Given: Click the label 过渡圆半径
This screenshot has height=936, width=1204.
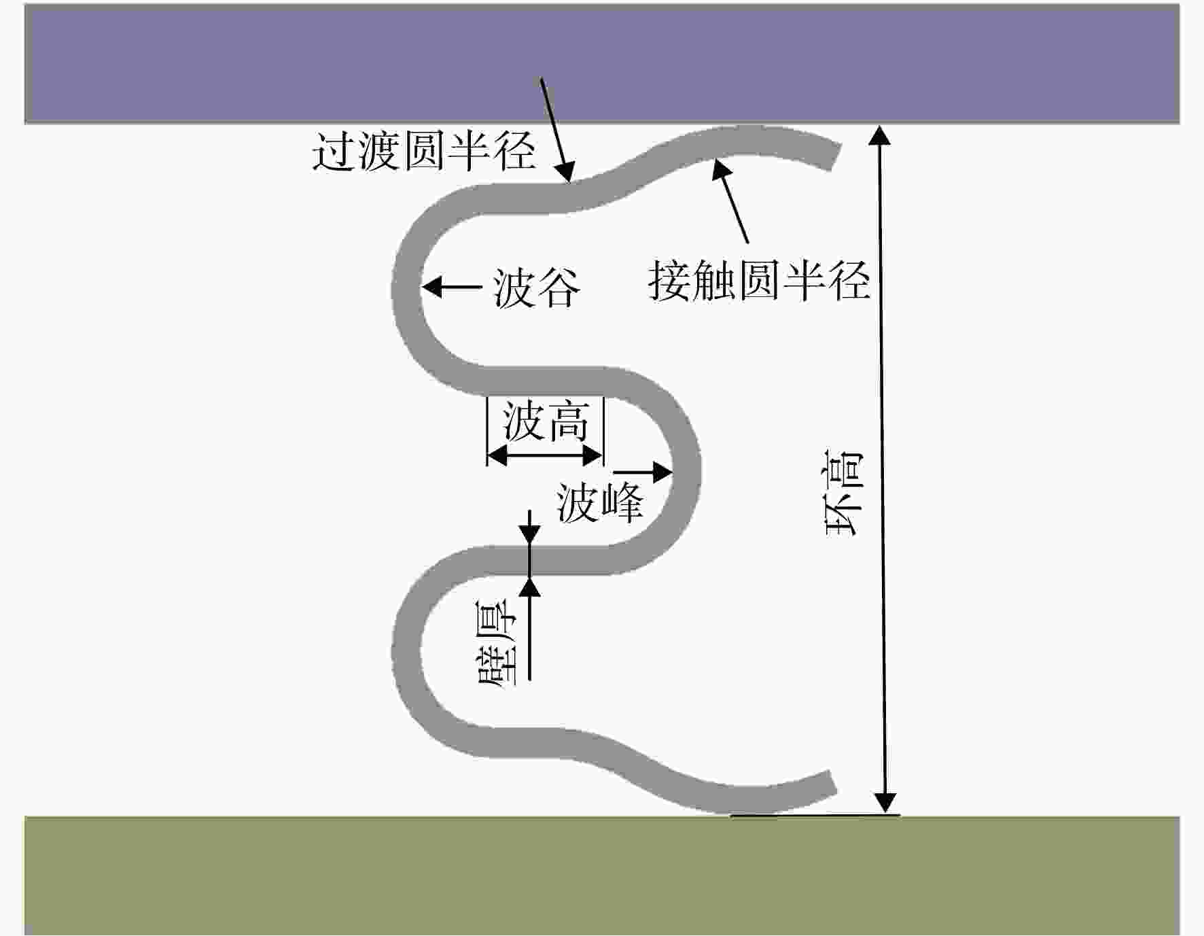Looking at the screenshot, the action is coord(424,151).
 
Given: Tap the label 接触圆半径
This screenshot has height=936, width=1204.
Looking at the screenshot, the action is coord(759,279).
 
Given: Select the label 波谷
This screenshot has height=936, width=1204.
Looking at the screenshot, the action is coord(536,288).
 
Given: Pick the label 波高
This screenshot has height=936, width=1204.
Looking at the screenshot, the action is coord(545,421).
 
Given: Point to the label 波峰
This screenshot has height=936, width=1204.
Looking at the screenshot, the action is coord(600,503).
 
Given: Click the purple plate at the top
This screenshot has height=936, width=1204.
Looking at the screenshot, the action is coord(602,64).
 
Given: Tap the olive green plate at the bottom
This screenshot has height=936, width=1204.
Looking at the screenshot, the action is coord(602,876).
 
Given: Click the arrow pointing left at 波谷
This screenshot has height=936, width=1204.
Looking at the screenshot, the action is coord(452,287).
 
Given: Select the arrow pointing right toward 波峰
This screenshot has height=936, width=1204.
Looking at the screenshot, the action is coord(643,472).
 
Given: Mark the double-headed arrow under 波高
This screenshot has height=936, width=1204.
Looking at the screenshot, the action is coord(545,456).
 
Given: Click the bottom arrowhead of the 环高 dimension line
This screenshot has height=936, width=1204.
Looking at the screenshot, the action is coord(885,803).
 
